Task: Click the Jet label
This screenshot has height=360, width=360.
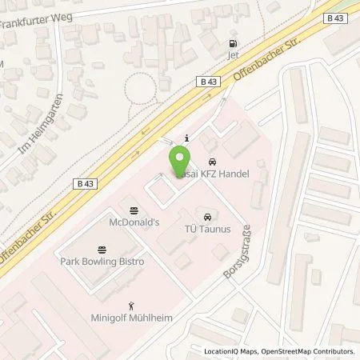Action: point(234,55)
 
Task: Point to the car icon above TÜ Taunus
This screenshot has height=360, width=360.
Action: point(207,216)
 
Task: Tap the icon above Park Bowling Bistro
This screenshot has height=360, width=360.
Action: point(102,249)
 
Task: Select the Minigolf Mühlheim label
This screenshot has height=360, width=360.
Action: point(132,317)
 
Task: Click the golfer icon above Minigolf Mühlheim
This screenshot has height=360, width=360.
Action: point(132,305)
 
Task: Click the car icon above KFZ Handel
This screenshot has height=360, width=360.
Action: point(211,161)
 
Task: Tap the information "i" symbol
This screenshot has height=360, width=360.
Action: point(186,137)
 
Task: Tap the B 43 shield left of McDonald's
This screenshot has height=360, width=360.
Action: point(89,184)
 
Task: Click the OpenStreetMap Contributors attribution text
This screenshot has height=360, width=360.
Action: point(309,351)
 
